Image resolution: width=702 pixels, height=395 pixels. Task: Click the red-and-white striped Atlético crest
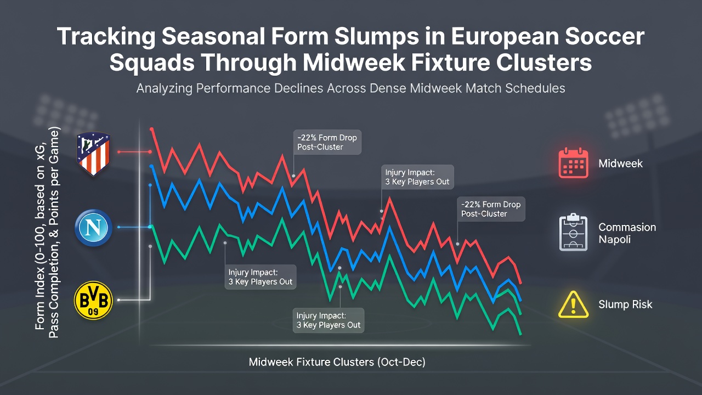93,154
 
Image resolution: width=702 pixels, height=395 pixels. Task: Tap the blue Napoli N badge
93,228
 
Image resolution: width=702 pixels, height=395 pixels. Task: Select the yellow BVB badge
93,300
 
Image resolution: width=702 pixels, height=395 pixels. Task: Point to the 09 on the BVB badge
93,312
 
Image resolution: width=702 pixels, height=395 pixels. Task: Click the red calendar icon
573,163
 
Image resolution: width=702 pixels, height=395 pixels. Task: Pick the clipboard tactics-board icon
573,232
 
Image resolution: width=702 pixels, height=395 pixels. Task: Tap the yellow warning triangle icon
573,305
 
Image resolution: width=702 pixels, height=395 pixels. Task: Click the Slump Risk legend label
625,304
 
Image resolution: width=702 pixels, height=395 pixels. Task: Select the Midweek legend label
620,163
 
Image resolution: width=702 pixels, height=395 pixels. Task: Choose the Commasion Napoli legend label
627,233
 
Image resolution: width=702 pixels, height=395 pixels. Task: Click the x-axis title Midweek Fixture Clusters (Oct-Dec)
337,362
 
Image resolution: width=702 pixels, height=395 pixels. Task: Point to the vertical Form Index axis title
47,232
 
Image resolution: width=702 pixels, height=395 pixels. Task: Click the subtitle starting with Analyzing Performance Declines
350,88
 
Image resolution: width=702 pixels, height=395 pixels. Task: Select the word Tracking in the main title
106,37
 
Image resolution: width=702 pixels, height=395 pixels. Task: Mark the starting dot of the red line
152,129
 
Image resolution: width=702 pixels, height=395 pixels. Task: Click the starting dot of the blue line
152,166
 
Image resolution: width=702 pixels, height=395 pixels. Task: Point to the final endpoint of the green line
520,334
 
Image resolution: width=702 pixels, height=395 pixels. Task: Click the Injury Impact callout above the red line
417,177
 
